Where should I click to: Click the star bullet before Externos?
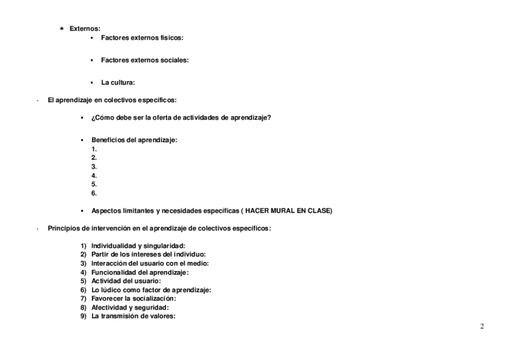[62, 29]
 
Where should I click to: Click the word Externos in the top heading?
[85, 29]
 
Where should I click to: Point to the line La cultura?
[117, 83]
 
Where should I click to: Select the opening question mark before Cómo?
[93, 117]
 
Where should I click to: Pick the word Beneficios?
[108, 140]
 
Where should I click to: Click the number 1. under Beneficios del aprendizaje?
[94, 148]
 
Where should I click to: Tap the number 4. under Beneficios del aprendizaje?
[94, 175]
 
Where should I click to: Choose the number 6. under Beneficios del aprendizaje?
[94, 194]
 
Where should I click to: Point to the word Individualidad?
[113, 246]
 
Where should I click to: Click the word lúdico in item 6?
[111, 290]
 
